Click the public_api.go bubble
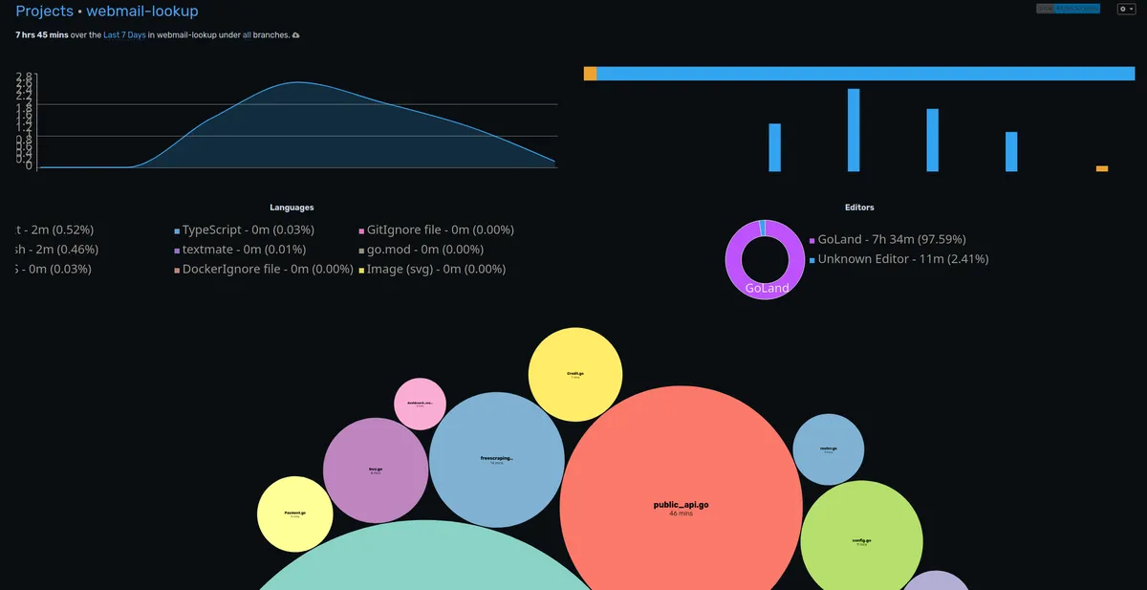pos(681,507)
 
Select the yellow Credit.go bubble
pos(575,375)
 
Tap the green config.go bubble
pos(861,541)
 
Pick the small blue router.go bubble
pos(829,449)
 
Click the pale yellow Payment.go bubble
pos(295,514)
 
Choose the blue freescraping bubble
pos(496,460)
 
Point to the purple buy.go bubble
pos(376,470)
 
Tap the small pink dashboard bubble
pos(420,404)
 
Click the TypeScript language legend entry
pos(248,229)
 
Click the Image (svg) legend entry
pos(435,269)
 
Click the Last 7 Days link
pos(123,35)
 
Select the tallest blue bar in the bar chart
pos(854,130)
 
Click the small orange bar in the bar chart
pos(1102,168)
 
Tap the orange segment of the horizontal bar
pos(590,74)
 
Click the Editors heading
pos(859,208)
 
